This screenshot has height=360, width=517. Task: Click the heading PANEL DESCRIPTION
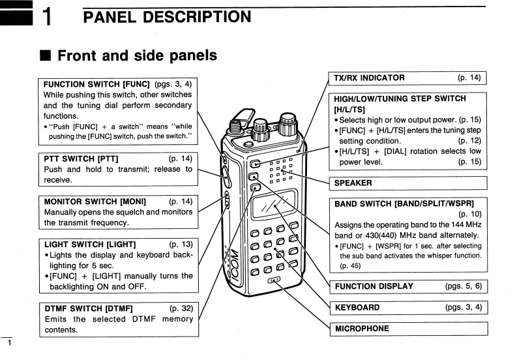[167, 16]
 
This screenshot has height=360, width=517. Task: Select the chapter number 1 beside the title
[47, 18]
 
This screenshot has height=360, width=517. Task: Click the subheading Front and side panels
[137, 56]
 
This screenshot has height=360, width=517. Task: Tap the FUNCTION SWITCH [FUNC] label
[96, 85]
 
